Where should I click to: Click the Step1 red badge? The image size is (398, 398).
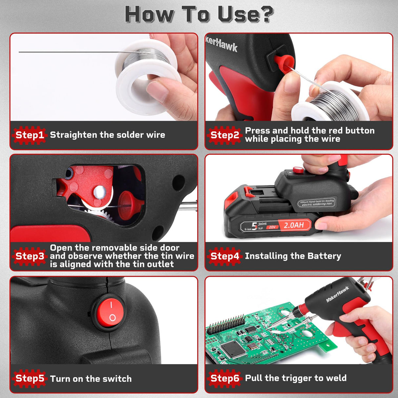(x=30, y=135)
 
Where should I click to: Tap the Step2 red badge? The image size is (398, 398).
(x=225, y=135)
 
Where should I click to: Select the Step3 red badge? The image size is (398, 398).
(x=30, y=256)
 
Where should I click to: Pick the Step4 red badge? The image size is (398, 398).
(x=225, y=256)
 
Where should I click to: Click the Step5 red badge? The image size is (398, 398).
(x=30, y=378)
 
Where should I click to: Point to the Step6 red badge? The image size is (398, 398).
(x=225, y=378)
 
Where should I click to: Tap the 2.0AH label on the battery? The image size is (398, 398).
(x=293, y=225)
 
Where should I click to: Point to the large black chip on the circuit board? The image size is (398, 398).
(x=233, y=349)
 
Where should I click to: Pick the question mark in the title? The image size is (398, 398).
(x=264, y=14)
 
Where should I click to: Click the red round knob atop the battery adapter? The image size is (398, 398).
(x=298, y=169)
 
